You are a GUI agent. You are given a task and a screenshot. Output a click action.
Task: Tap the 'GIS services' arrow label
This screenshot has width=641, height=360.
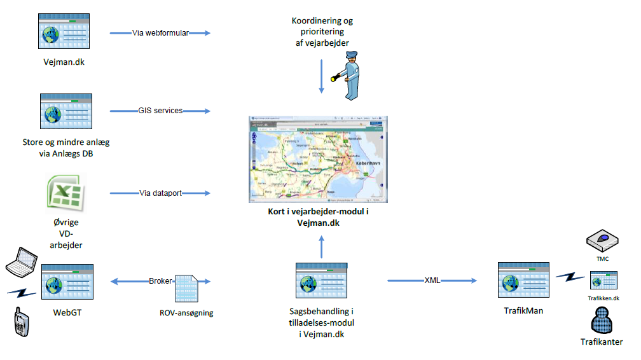point(160,111)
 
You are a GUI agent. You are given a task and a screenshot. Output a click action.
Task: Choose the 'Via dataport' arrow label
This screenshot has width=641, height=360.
point(160,193)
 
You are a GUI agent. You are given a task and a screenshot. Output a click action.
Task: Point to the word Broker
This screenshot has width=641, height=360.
point(160,280)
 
